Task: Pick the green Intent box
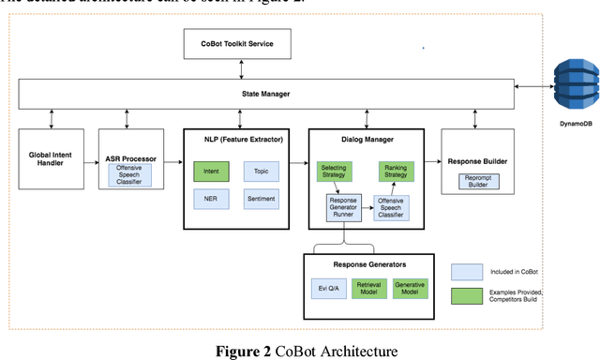212,171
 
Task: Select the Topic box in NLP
261,171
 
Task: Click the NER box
212,199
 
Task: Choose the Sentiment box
261,199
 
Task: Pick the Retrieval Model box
369,290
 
